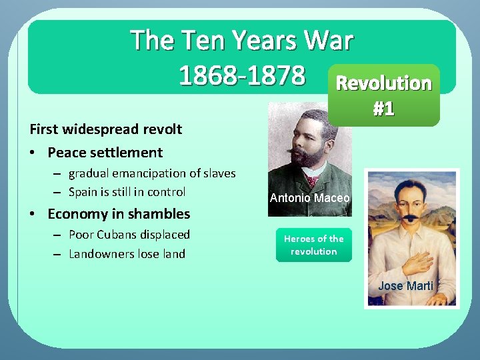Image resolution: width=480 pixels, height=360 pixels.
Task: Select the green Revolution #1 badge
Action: tap(383, 95)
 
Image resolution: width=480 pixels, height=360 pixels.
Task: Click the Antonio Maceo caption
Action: tap(309, 198)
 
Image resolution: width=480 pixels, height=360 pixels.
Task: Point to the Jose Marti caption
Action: tap(405, 286)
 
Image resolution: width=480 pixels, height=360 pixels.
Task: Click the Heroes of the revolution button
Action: tap(313, 245)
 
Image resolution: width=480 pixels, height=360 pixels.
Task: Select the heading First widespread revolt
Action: tap(105, 129)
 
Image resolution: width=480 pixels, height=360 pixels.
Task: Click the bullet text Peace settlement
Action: tap(105, 153)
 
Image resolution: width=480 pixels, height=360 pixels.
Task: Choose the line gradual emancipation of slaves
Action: tap(152, 173)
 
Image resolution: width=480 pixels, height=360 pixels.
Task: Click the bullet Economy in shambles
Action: tap(119, 214)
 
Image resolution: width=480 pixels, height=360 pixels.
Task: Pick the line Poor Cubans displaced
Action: tap(129, 235)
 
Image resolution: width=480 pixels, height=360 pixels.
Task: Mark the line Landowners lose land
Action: tap(127, 254)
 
